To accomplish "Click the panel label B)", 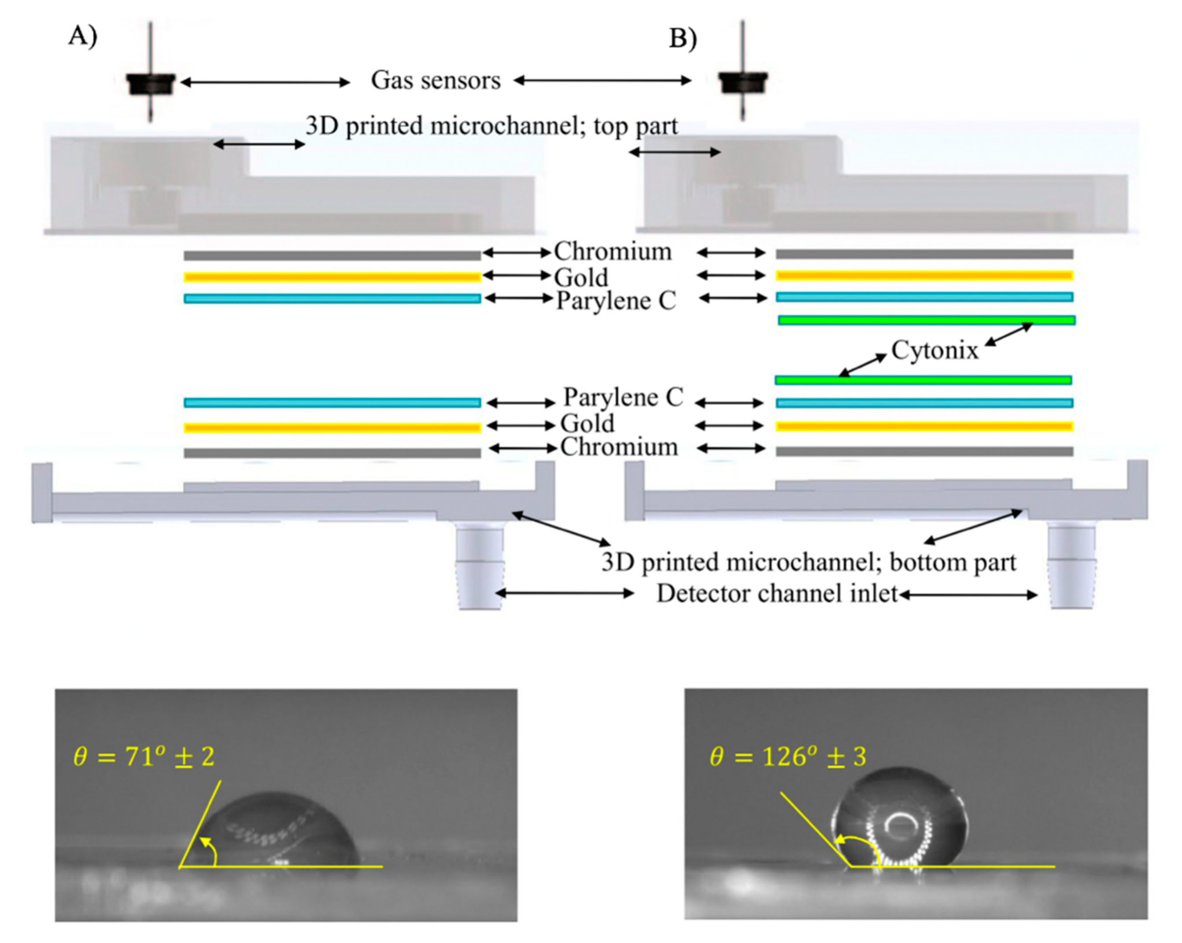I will tap(682, 38).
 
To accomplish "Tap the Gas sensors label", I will tap(436, 81).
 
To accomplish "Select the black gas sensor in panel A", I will tap(151, 84).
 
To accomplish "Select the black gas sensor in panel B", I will tap(743, 82).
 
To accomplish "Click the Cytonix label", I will tap(935, 350).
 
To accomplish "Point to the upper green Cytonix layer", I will tap(927, 320).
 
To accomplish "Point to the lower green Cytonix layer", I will tap(923, 380).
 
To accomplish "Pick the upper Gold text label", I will tap(581, 277).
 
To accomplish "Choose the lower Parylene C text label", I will tap(623, 398).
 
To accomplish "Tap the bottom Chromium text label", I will tap(619, 447).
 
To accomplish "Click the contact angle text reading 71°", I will tap(144, 757).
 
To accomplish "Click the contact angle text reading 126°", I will tap(788, 757).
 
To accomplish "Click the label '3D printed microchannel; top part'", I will tap(491, 126).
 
